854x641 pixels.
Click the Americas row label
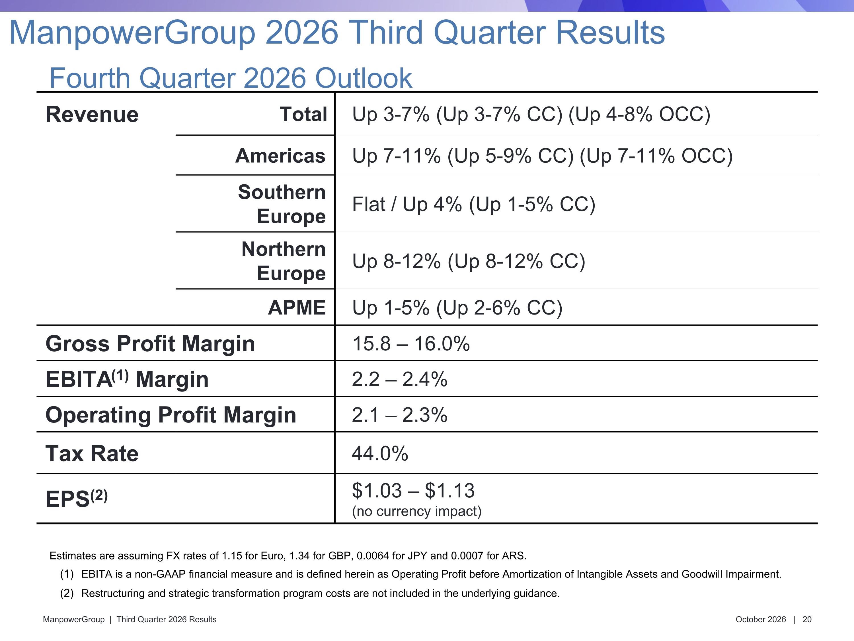[280, 156]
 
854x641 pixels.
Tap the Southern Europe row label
[282, 204]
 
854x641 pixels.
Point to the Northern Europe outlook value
[469, 261]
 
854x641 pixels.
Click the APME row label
[297, 308]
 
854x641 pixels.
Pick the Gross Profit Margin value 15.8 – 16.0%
[411, 344]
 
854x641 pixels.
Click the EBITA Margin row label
[127, 379]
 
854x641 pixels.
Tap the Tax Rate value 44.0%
[380, 453]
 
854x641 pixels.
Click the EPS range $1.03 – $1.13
[413, 490]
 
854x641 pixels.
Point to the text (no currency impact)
[416, 511]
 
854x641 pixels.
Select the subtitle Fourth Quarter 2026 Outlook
[231, 78]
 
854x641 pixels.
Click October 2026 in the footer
[761, 619]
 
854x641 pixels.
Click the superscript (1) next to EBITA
[120, 375]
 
